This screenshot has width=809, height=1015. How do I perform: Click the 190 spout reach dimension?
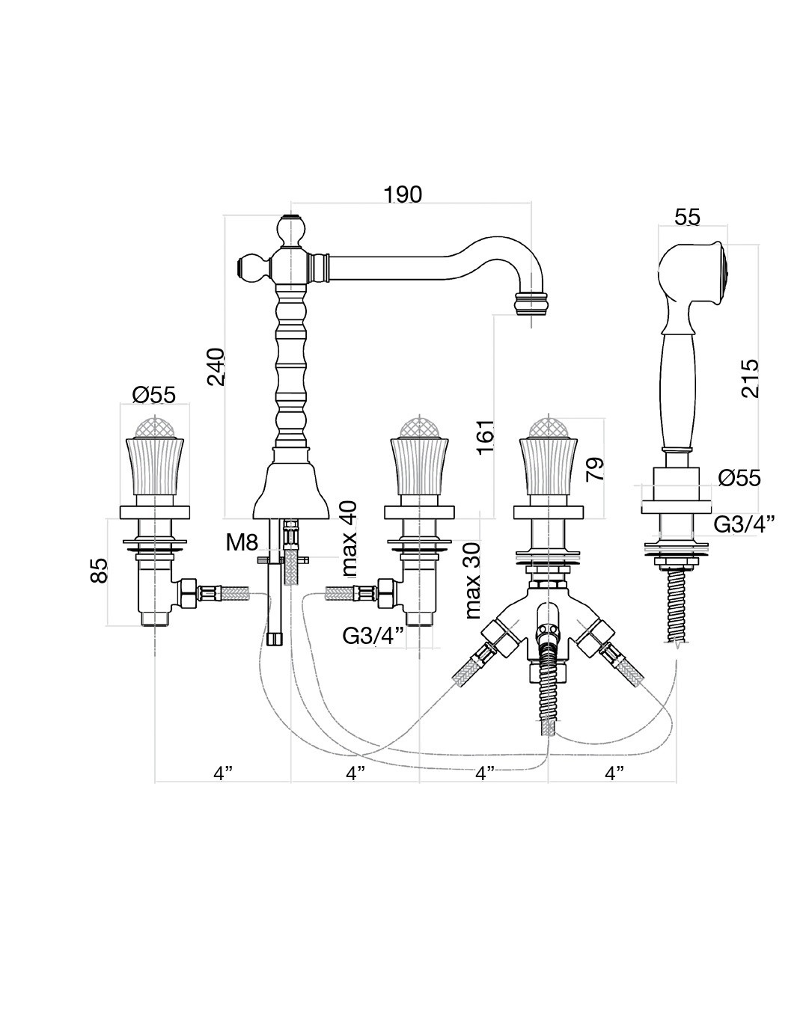pyautogui.click(x=403, y=194)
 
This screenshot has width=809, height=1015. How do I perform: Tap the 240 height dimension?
pyautogui.click(x=216, y=367)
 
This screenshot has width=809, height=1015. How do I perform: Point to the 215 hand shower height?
pyautogui.click(x=749, y=378)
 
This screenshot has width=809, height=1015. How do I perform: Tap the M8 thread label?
pyautogui.click(x=242, y=542)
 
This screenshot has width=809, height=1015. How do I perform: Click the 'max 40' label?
pyautogui.click(x=349, y=539)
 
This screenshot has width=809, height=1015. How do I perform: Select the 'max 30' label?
pyautogui.click(x=473, y=580)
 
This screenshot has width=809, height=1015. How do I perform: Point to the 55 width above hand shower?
pyautogui.click(x=687, y=217)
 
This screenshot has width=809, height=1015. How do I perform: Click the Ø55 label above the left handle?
pyautogui.click(x=153, y=393)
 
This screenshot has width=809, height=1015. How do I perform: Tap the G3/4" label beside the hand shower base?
pyautogui.click(x=744, y=524)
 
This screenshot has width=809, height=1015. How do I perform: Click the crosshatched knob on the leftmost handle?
pyautogui.click(x=155, y=426)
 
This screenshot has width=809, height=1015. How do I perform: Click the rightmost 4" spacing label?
pyautogui.click(x=614, y=773)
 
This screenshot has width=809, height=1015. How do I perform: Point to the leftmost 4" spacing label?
pyautogui.click(x=223, y=773)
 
